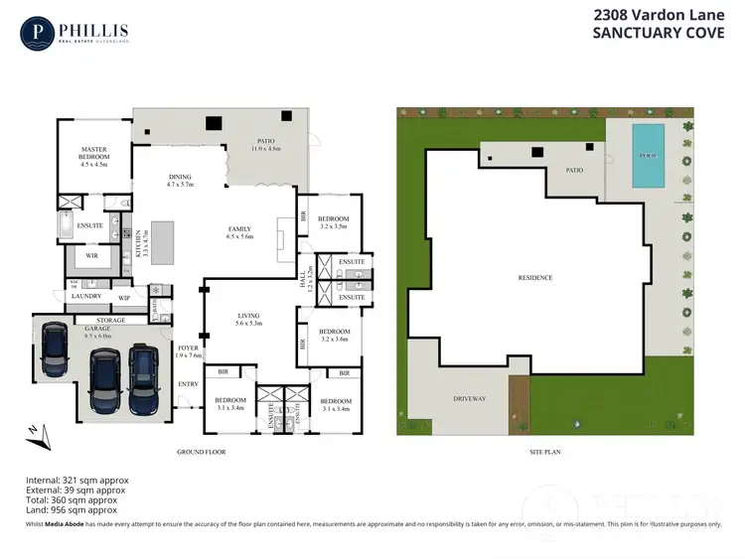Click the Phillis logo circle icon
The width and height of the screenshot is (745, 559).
(37, 34)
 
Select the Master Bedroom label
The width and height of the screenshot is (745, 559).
(93, 154)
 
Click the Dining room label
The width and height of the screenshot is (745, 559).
(180, 179)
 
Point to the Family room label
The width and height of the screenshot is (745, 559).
(240, 232)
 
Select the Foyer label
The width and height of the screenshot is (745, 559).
(188, 349)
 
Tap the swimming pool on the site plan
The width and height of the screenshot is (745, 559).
(648, 156)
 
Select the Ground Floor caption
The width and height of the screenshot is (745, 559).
(202, 452)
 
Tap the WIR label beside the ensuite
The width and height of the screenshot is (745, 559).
(91, 255)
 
